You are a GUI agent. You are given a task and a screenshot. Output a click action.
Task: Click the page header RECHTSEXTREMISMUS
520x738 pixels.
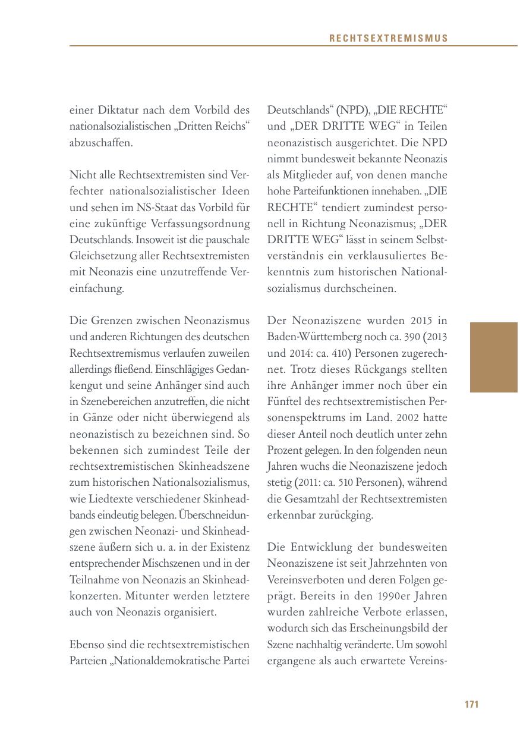[389, 39]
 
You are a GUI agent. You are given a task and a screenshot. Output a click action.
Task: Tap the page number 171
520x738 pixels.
[471, 704]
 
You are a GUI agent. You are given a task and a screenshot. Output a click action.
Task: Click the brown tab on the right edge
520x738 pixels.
[493, 357]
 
